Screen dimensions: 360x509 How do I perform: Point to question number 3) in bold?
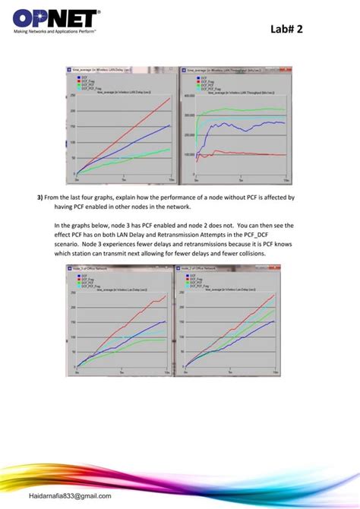40,197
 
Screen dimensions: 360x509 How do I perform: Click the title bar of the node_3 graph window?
122,267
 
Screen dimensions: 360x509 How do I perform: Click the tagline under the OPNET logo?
53,32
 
